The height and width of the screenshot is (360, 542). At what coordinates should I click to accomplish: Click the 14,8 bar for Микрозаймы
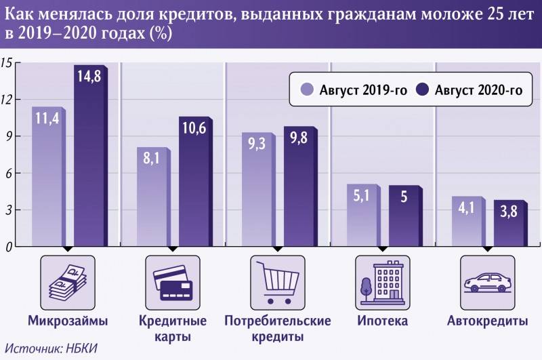pos(89,156)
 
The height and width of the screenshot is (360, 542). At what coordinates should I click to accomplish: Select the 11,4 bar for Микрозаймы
pos(47,176)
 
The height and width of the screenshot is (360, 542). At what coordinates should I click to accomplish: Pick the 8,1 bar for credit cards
pos(152,197)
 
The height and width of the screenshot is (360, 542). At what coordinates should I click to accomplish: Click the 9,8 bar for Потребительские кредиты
pos(299,186)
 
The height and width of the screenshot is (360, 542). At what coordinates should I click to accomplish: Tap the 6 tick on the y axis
pos(9,174)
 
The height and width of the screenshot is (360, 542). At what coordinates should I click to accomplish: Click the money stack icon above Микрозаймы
pos(68,279)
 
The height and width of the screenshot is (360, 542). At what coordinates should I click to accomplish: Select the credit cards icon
pos(173,279)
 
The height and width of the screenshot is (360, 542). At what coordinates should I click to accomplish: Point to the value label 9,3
pos(256,144)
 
